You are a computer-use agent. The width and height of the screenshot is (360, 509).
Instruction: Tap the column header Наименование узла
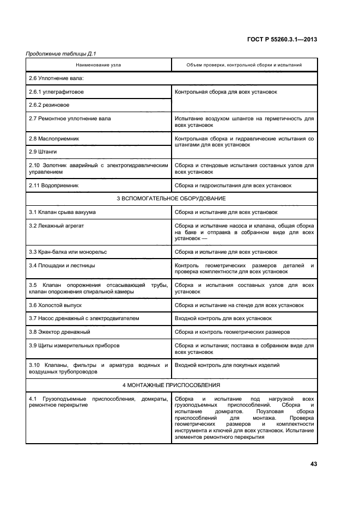click(99, 65)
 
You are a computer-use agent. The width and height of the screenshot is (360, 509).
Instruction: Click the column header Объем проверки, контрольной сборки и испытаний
click(244, 65)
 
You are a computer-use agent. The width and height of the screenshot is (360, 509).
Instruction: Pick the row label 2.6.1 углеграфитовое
click(56, 92)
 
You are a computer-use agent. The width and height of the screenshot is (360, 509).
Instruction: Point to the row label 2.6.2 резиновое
click(49, 105)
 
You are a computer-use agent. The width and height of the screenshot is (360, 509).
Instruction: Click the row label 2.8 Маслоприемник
click(54, 139)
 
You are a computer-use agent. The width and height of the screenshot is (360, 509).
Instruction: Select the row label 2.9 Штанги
click(43, 151)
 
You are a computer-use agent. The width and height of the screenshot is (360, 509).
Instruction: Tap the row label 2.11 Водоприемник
click(54, 186)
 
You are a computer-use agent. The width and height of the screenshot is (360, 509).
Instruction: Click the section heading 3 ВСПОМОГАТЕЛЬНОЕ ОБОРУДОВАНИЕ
click(172, 199)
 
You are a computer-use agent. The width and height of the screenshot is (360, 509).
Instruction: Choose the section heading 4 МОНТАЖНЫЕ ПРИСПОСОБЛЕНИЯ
click(172, 385)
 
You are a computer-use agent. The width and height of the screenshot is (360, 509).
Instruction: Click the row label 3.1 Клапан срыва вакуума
click(62, 212)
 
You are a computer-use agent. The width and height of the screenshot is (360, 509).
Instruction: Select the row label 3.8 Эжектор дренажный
click(59, 332)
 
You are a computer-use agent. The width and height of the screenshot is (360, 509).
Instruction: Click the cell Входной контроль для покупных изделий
click(227, 365)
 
